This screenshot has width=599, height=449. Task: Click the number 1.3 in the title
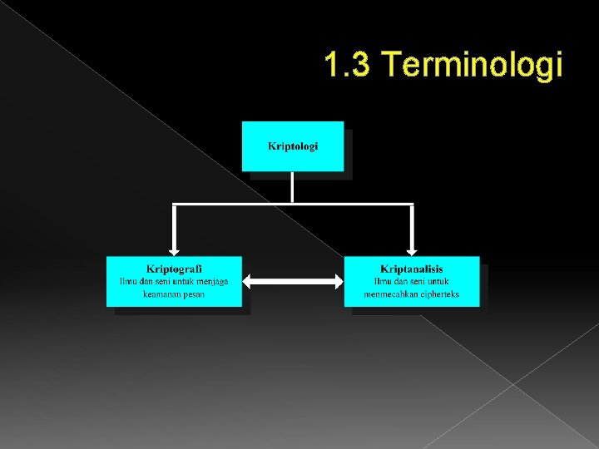point(348,65)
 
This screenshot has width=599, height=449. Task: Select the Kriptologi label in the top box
point(293,146)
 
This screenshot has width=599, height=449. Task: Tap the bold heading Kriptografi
point(174,269)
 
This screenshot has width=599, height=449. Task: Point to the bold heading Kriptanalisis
point(411,269)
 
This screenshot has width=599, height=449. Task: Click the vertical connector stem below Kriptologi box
point(293,188)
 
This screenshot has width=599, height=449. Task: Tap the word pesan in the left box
point(195,294)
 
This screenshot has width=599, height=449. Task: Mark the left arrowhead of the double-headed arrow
point(250,282)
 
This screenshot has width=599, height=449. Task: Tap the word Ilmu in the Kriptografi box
point(129,281)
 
